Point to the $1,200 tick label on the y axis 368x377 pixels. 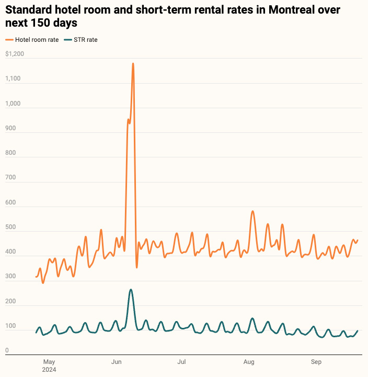coord(15,54)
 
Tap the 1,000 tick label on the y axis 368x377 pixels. coord(13,104)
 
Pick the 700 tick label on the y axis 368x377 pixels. coord(10,178)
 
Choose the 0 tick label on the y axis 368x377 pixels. coord(7,350)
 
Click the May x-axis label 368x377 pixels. coord(49,361)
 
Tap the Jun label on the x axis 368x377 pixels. coord(117,361)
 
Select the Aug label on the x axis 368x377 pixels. coord(249,361)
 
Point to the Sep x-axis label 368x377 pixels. coord(316,361)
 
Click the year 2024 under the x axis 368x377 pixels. coord(50,369)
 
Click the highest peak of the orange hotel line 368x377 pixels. coord(133,64)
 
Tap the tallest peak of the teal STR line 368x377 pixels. coord(131,290)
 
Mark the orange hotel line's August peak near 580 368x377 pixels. coord(252,211)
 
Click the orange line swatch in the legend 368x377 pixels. coord(9,40)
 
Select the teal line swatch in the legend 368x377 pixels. coord(66,40)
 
